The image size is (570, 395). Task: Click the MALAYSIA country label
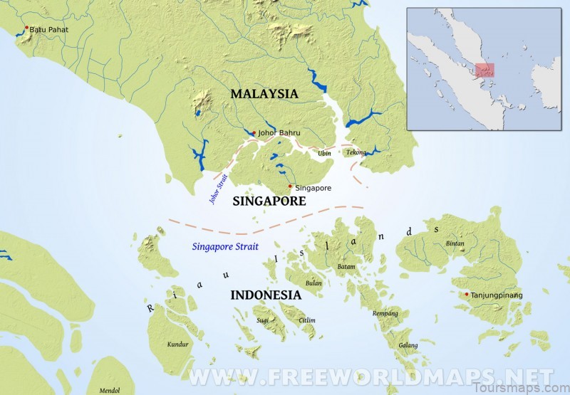(264, 94)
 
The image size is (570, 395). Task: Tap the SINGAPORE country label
(269, 201)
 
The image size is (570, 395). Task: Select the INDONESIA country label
(265, 295)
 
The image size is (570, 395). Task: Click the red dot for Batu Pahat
(27, 28)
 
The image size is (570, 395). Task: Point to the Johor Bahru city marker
(254, 133)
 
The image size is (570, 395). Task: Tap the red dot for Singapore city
(290, 186)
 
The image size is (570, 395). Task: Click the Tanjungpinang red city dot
(467, 294)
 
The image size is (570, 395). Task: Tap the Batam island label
(346, 267)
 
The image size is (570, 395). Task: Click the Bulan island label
(313, 283)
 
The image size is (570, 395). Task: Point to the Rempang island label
(385, 313)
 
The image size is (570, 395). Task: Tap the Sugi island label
(264, 320)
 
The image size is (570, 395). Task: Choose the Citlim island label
(306, 320)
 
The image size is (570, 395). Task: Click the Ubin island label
(325, 153)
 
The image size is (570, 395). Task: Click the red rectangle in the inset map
(484, 70)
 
